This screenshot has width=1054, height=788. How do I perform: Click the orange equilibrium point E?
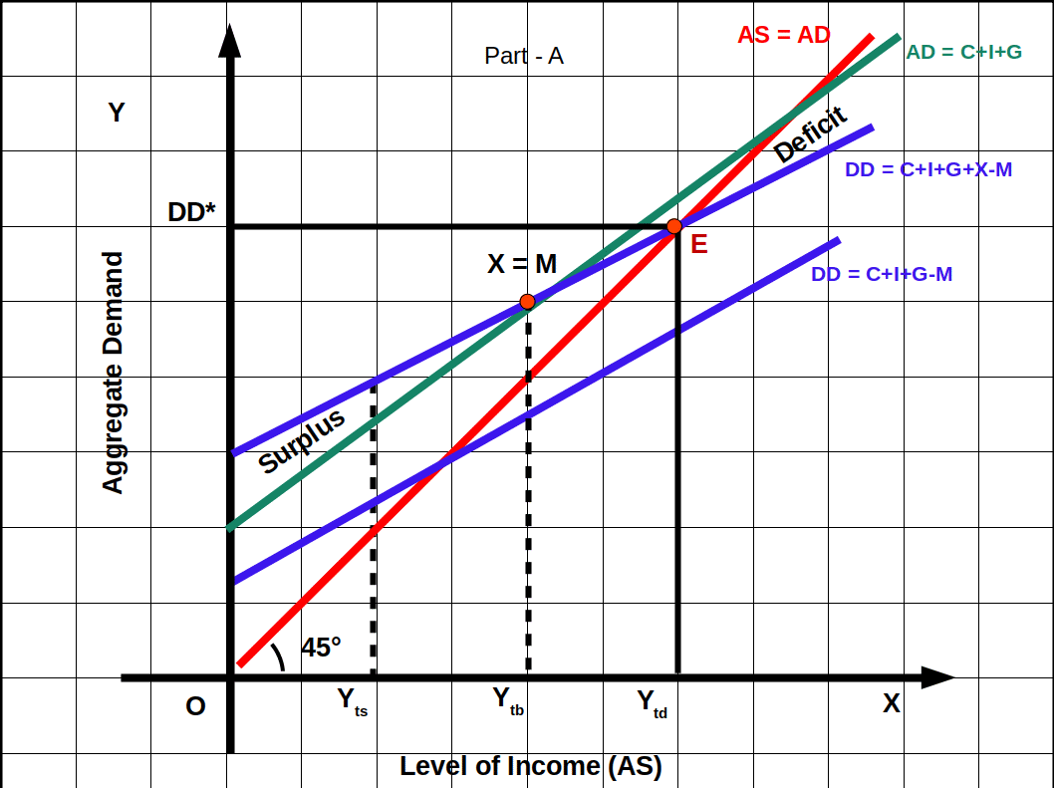point(674,227)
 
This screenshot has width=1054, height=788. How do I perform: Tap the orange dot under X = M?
point(528,302)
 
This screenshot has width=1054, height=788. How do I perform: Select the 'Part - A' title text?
point(524,56)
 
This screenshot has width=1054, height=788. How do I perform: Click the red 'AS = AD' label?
point(784,35)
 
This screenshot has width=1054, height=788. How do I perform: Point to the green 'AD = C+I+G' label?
point(963,52)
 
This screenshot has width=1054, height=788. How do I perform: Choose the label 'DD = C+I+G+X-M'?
point(927,170)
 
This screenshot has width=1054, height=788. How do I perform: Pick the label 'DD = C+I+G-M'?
point(882,274)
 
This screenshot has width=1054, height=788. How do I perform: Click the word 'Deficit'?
point(810,134)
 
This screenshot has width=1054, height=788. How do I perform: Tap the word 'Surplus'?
point(302,440)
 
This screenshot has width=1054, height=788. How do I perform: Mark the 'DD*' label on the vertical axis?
point(192,213)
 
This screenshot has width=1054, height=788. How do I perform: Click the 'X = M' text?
point(522,264)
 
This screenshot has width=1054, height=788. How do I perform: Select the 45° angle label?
point(321,648)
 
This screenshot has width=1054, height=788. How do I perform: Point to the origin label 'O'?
point(196,706)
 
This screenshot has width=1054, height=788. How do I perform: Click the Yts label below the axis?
point(353,702)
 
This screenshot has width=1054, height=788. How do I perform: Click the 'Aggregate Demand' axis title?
point(115,373)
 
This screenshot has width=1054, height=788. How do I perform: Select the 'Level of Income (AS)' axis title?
point(531,766)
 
